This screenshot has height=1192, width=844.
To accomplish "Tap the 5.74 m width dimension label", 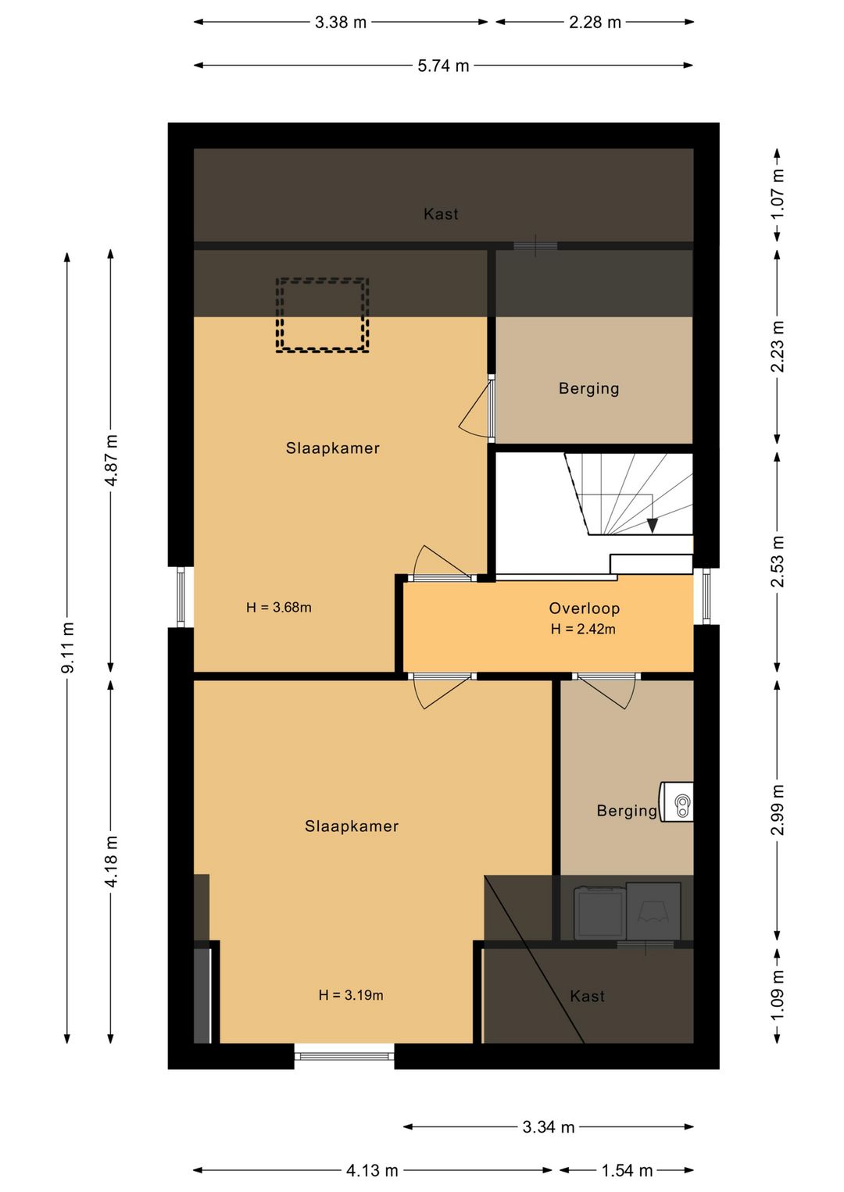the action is [443, 66].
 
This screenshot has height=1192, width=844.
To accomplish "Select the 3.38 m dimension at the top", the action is [341, 23].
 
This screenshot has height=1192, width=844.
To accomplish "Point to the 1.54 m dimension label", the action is [627, 1170].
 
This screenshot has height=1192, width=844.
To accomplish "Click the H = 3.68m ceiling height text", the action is [278, 607].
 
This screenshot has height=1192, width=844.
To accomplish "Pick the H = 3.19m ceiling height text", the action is [351, 995].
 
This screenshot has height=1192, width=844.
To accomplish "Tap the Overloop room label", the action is [584, 608].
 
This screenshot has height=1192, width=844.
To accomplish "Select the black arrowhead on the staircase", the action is [653, 526].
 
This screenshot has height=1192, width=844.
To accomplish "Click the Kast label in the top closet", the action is [441, 214].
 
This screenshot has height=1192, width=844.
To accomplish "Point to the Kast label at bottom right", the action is [587, 996].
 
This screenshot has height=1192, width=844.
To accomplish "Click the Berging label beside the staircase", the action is [589, 388].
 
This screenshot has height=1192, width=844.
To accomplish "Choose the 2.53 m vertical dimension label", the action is [778, 562].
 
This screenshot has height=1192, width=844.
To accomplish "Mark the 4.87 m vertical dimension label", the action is [111, 460].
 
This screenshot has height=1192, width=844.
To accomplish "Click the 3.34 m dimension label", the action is [549, 1126].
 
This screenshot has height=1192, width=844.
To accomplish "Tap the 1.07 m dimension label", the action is [778, 193].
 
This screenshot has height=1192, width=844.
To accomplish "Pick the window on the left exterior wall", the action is [181, 597].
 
